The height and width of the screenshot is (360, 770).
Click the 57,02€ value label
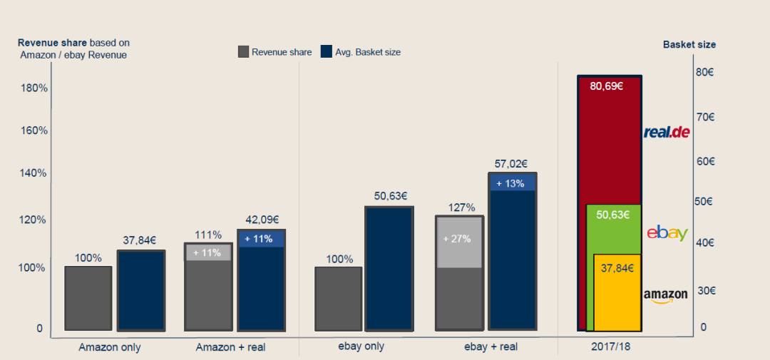(512, 164)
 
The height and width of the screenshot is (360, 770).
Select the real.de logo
(667, 132)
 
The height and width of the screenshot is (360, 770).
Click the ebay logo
(667, 233)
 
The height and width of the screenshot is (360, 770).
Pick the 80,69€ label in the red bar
(607, 87)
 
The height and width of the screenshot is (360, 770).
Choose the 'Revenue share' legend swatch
(243, 51)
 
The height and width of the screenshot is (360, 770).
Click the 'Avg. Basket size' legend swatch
(327, 51)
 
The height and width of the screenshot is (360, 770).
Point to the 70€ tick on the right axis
(706, 117)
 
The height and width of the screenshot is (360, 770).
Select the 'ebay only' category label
(361, 346)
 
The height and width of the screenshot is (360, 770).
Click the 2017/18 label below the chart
(611, 347)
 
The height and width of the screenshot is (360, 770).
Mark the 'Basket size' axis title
(689, 44)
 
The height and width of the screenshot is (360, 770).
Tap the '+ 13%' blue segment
(512, 183)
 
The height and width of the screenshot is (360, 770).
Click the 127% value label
(461, 207)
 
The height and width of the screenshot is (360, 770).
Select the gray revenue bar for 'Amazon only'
(88, 298)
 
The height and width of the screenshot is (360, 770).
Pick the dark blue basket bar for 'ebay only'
(389, 269)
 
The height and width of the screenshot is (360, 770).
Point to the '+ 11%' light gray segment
(208, 252)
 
